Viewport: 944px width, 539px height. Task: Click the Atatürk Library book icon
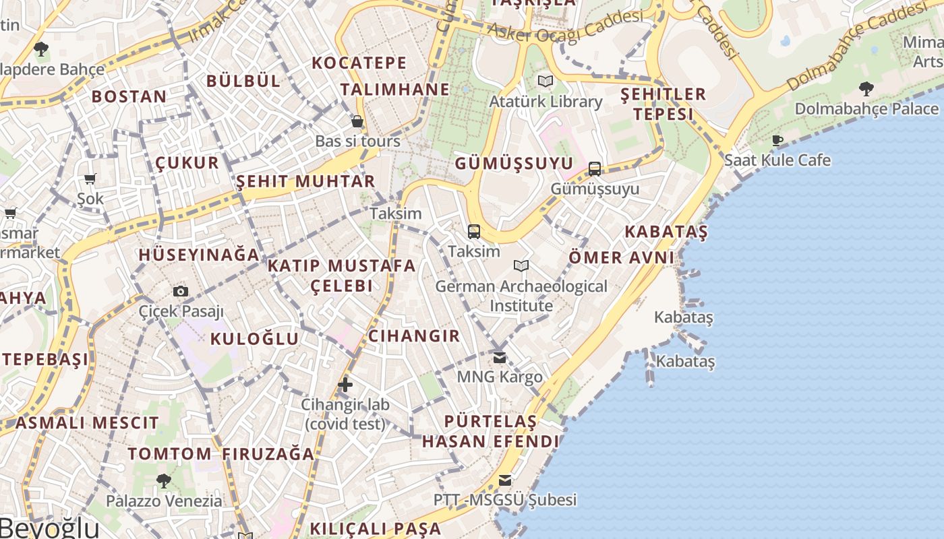coord(545,82)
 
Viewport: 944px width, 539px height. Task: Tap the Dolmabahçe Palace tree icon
coord(866,88)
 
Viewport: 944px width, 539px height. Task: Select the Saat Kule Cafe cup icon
coord(777,140)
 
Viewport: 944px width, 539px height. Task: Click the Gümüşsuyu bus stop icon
coord(594,168)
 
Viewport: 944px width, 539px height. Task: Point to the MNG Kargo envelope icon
coord(500,357)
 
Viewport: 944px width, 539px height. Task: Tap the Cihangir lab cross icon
coord(345,385)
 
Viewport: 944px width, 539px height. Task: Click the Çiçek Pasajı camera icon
coord(180,291)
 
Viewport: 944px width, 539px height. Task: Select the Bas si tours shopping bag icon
coord(357,121)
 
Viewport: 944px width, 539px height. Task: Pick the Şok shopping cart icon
coord(90,179)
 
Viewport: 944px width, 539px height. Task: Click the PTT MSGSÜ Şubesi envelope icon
coord(505,480)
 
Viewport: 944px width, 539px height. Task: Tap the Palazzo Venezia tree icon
coord(163,480)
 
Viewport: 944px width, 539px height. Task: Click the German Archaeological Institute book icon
coord(521,266)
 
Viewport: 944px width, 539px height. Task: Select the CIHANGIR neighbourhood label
coord(414,336)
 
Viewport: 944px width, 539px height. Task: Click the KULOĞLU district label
coord(254,339)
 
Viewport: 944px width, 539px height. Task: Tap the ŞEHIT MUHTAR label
coord(305,181)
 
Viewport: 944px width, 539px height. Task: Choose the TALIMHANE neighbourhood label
coord(394,90)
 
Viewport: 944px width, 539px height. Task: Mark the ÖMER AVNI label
coord(621,257)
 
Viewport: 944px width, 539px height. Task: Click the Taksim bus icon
coord(474,232)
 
